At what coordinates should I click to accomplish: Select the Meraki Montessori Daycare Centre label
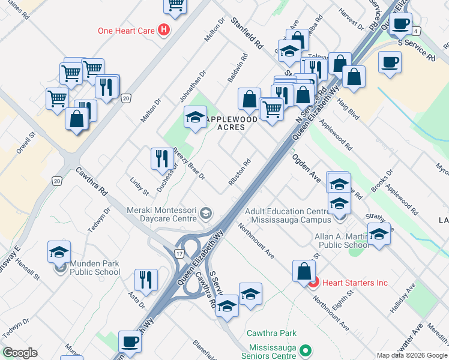[162, 214]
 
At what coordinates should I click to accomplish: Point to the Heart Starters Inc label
[355, 283]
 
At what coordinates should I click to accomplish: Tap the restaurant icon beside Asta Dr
[146, 279]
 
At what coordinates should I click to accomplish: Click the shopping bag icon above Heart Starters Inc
[304, 271]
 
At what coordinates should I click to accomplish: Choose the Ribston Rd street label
[238, 172]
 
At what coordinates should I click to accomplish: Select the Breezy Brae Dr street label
[190, 164]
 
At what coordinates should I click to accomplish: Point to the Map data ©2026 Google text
[411, 355]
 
